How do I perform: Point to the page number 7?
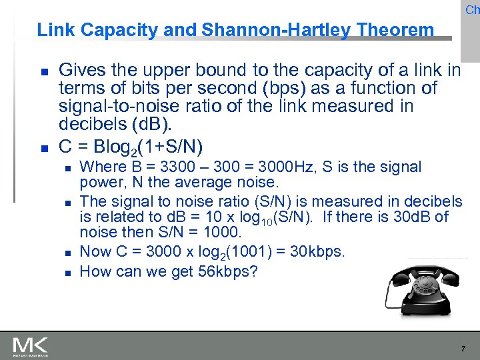pos(463,349)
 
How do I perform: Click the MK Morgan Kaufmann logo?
pos(30,345)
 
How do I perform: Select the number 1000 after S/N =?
pos(222,233)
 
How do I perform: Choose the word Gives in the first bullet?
pos(79,70)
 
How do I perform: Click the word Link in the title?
pos(53,30)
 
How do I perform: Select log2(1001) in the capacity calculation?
pos(203,252)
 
